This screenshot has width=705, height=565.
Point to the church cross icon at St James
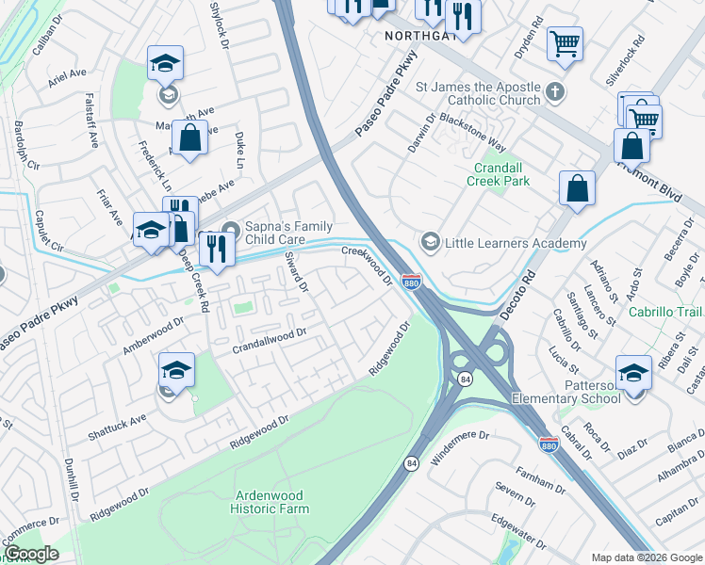pos(556,93)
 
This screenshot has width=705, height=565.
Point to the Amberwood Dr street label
pos(153,336)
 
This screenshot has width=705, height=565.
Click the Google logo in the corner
pos(31,553)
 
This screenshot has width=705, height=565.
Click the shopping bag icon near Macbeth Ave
pos(189,138)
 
